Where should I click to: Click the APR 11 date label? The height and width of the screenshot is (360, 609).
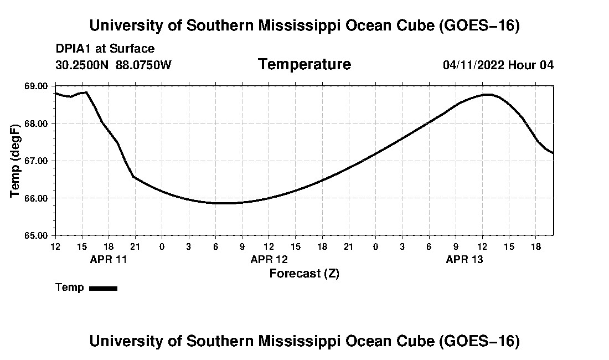(109, 259)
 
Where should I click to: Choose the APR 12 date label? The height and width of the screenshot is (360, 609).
(269, 259)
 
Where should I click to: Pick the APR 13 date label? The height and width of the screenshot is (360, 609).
(465, 259)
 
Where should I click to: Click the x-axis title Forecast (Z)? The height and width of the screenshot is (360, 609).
(304, 274)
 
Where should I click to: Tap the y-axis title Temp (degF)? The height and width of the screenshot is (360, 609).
(15, 161)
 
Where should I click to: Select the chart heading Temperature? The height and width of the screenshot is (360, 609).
(304, 64)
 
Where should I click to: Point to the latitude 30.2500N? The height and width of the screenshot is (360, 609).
(82, 65)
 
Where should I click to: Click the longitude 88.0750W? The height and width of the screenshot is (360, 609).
(143, 65)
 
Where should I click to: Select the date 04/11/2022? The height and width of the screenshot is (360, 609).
(473, 65)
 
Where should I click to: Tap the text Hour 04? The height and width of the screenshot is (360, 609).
(531, 65)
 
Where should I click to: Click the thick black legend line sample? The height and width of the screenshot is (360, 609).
(104, 288)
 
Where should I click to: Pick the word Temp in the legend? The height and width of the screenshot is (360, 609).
(70, 287)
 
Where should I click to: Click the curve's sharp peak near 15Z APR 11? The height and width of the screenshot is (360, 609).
(86, 92)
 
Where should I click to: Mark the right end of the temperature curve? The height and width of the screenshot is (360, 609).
(553, 153)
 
